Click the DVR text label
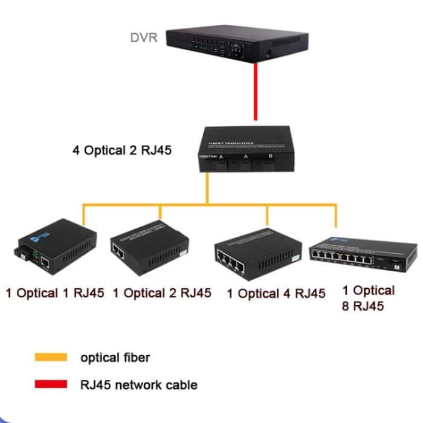[144, 38]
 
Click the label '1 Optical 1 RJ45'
[55, 294]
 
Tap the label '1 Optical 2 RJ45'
[162, 293]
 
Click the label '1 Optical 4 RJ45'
[276, 294]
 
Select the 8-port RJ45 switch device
[363, 254]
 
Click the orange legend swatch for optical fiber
[51, 357]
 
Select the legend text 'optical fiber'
[115, 357]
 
